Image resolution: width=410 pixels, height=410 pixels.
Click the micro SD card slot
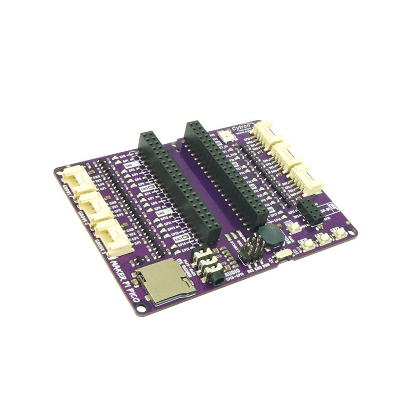[164, 282]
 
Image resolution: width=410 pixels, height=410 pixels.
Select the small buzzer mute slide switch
[282, 255]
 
